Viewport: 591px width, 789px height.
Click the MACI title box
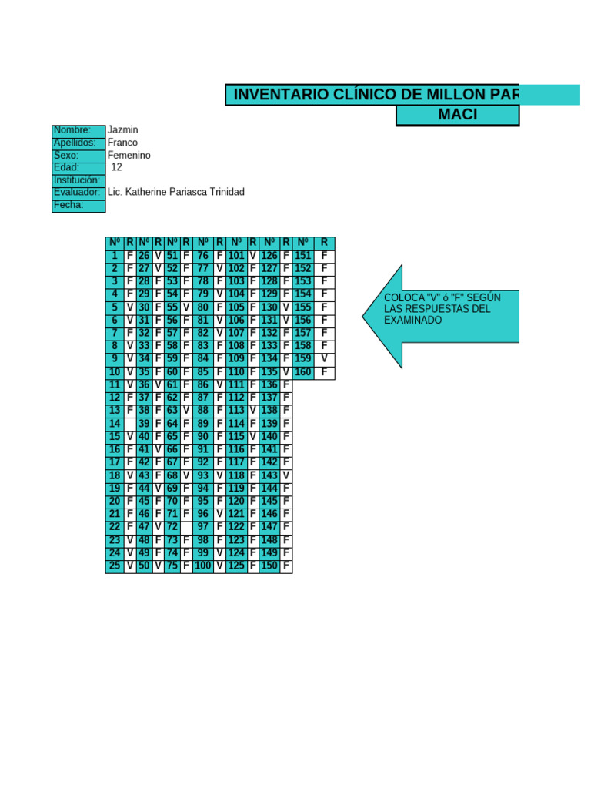tap(457, 115)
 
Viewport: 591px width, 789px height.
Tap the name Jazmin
tap(123, 130)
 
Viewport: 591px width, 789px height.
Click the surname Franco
tap(123, 143)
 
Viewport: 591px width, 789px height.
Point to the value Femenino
tap(129, 155)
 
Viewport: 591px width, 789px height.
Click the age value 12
tap(117, 167)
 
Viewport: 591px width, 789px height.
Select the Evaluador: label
tap(78, 192)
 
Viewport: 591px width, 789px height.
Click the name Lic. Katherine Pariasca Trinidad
tap(176, 192)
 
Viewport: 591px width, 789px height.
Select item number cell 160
tap(303, 372)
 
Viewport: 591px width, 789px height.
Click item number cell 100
tap(203, 566)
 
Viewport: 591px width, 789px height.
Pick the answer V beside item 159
tap(324, 359)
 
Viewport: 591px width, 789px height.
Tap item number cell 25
tap(115, 566)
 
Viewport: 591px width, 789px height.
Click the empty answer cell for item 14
tap(130, 424)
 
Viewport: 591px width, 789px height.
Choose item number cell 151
tap(303, 256)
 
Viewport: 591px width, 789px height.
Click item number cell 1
tap(115, 256)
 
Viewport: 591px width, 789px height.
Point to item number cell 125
tap(236, 566)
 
